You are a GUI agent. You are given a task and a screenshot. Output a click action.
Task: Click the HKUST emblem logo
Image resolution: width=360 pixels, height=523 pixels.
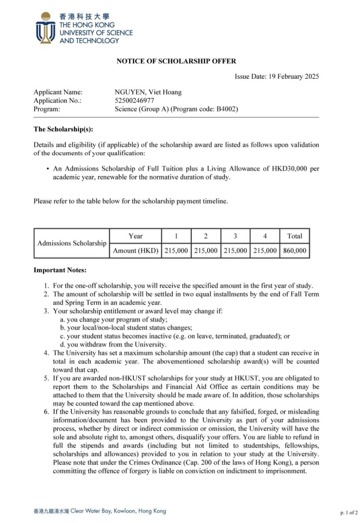pyautogui.click(x=45, y=28)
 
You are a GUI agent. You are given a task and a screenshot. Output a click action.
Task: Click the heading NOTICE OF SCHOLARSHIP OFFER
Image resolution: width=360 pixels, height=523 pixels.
pyautogui.click(x=176, y=61)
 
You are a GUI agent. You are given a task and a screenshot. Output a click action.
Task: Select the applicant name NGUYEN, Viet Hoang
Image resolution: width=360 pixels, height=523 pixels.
pyautogui.click(x=148, y=92)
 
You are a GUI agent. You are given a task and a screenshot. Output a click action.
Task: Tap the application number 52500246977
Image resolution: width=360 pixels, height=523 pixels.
pyautogui.click(x=134, y=100)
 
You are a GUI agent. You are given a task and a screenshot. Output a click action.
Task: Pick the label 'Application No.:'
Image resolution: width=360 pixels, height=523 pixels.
pyautogui.click(x=57, y=100)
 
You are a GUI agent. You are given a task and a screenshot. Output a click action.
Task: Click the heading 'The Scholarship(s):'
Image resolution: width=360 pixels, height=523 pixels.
pyautogui.click(x=63, y=129)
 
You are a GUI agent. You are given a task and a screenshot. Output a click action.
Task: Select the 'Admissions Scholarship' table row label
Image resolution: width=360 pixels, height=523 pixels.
pyautogui.click(x=72, y=243)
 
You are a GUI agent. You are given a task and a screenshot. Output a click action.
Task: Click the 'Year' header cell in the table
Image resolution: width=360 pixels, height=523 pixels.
pyautogui.click(x=135, y=236)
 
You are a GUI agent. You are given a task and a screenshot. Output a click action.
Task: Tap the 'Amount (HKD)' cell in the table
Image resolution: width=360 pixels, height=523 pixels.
pyautogui.click(x=135, y=251)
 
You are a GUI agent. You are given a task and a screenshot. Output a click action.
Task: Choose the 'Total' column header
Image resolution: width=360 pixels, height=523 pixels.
pyautogui.click(x=295, y=236)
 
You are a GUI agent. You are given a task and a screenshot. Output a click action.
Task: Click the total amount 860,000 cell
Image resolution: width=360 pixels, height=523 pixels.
pyautogui.click(x=295, y=251)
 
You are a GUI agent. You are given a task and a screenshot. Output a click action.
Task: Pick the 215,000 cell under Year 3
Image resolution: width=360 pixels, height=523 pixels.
pyautogui.click(x=235, y=251)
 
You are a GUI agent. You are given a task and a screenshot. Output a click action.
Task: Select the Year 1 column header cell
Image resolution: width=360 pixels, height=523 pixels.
pyautogui.click(x=176, y=236)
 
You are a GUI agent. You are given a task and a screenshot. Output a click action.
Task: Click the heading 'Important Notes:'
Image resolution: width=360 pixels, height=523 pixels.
pyautogui.click(x=60, y=270)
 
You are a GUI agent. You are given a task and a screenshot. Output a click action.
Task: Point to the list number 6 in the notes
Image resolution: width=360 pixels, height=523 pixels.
pyautogui.click(x=46, y=412)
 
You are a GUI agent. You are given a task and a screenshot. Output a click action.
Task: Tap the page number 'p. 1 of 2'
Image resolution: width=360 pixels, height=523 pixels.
pyautogui.click(x=348, y=512)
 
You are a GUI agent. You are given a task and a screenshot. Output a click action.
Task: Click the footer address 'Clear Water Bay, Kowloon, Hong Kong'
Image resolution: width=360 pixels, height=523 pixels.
pyautogui.click(x=118, y=511)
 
